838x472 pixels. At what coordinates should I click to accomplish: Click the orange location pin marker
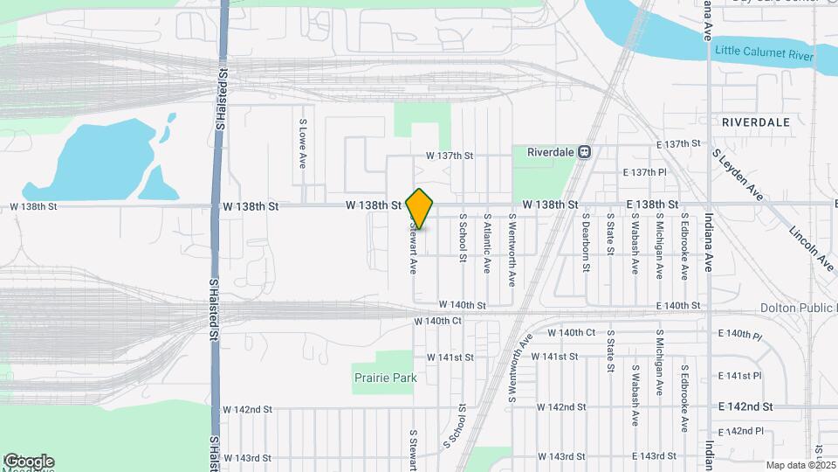(420, 208)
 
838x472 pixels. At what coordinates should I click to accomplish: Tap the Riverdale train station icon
(585, 151)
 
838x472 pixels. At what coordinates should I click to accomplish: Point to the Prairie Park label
(385, 378)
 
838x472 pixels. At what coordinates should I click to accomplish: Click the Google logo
(29, 461)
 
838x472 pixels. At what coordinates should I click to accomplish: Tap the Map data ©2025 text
(801, 465)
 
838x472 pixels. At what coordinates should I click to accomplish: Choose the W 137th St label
(449, 156)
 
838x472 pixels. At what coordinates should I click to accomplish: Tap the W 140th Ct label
(437, 322)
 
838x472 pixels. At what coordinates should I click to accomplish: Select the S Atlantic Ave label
(487, 243)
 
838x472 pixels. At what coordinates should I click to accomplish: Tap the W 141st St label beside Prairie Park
(450, 357)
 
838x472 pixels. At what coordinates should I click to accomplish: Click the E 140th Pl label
(739, 335)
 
